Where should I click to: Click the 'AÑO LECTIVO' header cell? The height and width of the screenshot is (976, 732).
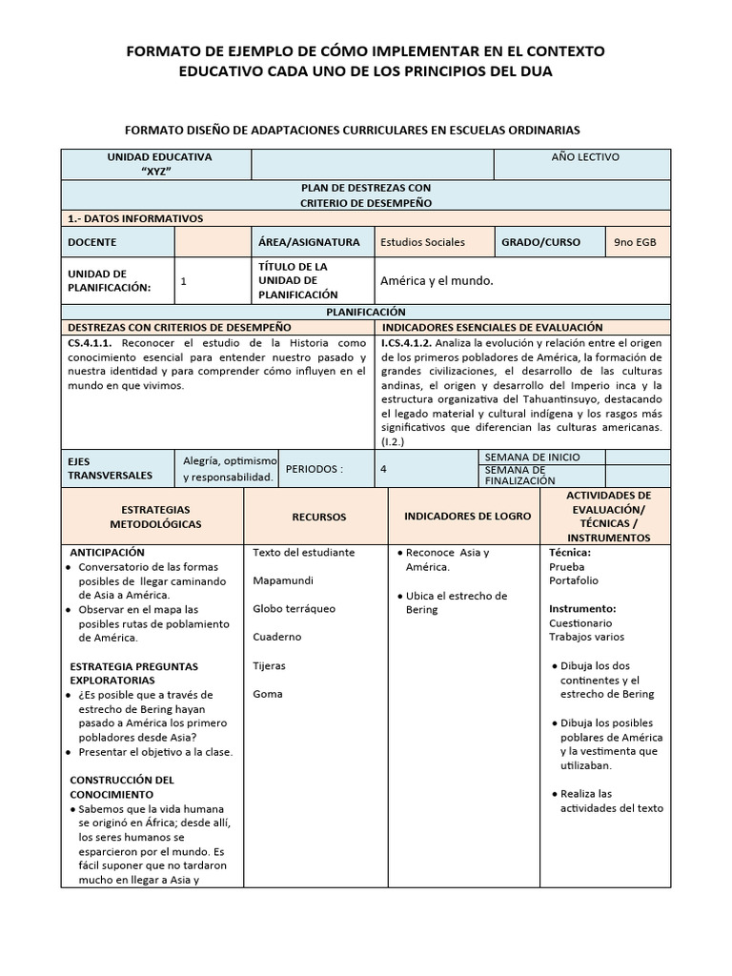pyautogui.click(x=585, y=156)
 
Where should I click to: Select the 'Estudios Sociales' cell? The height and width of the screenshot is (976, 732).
pyautogui.click(x=422, y=242)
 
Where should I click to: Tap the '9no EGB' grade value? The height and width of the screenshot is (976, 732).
pyautogui.click(x=635, y=242)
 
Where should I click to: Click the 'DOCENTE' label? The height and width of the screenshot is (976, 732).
pyautogui.click(x=91, y=242)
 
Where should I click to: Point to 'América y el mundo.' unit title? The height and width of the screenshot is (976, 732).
pyautogui.click(x=437, y=281)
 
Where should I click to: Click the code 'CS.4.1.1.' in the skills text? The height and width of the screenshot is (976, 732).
pyautogui.click(x=91, y=341)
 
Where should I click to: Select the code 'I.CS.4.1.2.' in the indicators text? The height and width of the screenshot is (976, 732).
pyautogui.click(x=408, y=341)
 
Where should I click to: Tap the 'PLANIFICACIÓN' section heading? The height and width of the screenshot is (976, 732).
pyautogui.click(x=365, y=312)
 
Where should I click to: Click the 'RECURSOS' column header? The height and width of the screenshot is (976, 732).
pyautogui.click(x=318, y=517)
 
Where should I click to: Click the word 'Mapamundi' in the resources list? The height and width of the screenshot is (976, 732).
pyautogui.click(x=283, y=580)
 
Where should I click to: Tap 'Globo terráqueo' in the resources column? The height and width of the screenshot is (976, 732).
pyautogui.click(x=295, y=608)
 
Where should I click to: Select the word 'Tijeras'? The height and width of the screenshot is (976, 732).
pyautogui.click(x=270, y=665)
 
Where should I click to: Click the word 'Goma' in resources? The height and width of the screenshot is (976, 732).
pyautogui.click(x=268, y=694)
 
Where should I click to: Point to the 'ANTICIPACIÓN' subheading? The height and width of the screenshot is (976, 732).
pyautogui.click(x=108, y=552)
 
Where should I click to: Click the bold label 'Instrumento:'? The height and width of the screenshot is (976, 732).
pyautogui.click(x=582, y=608)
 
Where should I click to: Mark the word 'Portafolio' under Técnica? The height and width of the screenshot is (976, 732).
pyautogui.click(x=574, y=580)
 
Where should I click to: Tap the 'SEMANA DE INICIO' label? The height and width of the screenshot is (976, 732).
pyautogui.click(x=532, y=457)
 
